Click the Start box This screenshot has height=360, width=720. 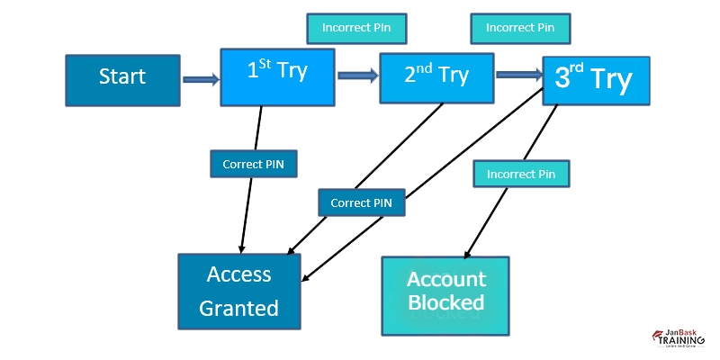pyautogui.click(x=122, y=78)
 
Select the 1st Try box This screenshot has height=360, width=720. pyautogui.click(x=277, y=76)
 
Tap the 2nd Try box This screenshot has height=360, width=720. pyautogui.click(x=436, y=78)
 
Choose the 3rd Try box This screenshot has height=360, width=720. pyautogui.click(x=595, y=81)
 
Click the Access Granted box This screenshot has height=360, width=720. pyautogui.click(x=238, y=291)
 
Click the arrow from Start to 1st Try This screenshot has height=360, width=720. pyautogui.click(x=200, y=79)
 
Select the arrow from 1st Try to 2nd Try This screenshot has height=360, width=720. pyautogui.click(x=357, y=76)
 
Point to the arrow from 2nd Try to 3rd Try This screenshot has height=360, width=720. pyautogui.click(x=518, y=75)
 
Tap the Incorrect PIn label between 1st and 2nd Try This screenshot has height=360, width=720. pyautogui.click(x=355, y=28)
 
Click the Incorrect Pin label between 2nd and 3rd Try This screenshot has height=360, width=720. pyautogui.click(x=520, y=28)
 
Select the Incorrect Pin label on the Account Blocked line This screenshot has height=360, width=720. pyautogui.click(x=521, y=174)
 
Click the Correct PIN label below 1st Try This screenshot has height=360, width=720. pyautogui.click(x=253, y=165)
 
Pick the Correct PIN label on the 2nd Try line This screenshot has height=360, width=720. pyautogui.click(x=361, y=202)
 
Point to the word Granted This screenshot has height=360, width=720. pyautogui.click(x=238, y=309)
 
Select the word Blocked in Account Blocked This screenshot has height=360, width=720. pyautogui.click(x=445, y=302)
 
